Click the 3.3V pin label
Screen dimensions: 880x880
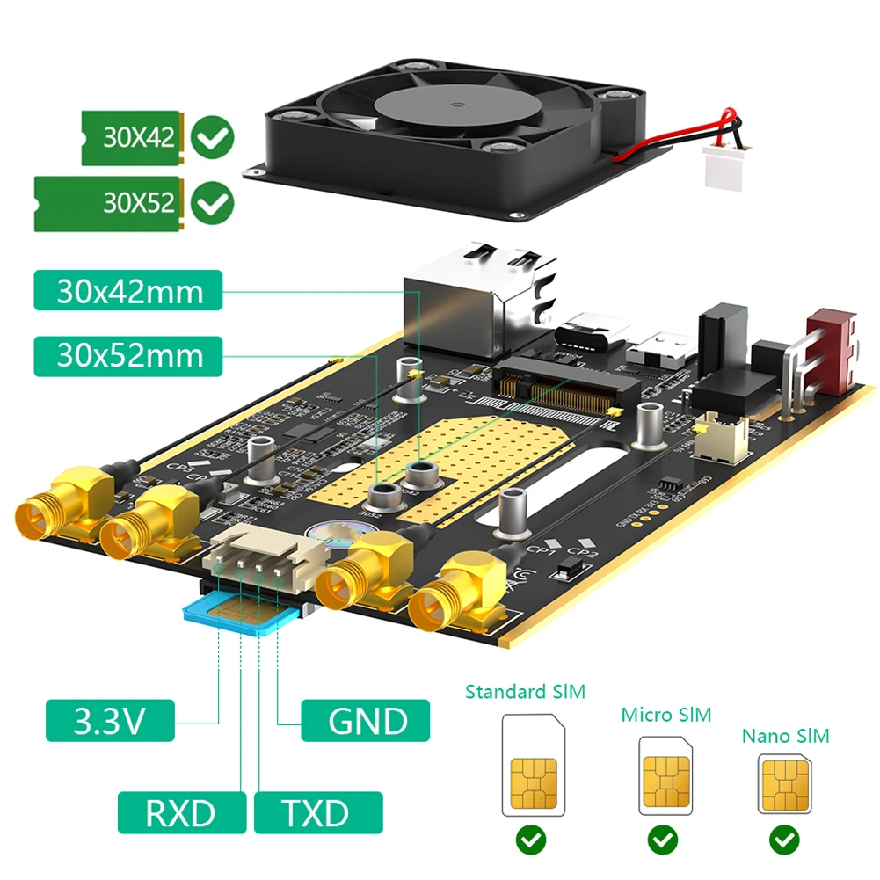point(110,720)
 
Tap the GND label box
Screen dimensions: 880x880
point(365,720)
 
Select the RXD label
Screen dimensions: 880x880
point(182,812)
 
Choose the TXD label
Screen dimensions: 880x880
point(317,812)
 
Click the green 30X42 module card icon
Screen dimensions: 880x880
point(131,137)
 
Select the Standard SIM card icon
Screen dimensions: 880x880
point(533,764)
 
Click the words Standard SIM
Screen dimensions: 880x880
point(525,692)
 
